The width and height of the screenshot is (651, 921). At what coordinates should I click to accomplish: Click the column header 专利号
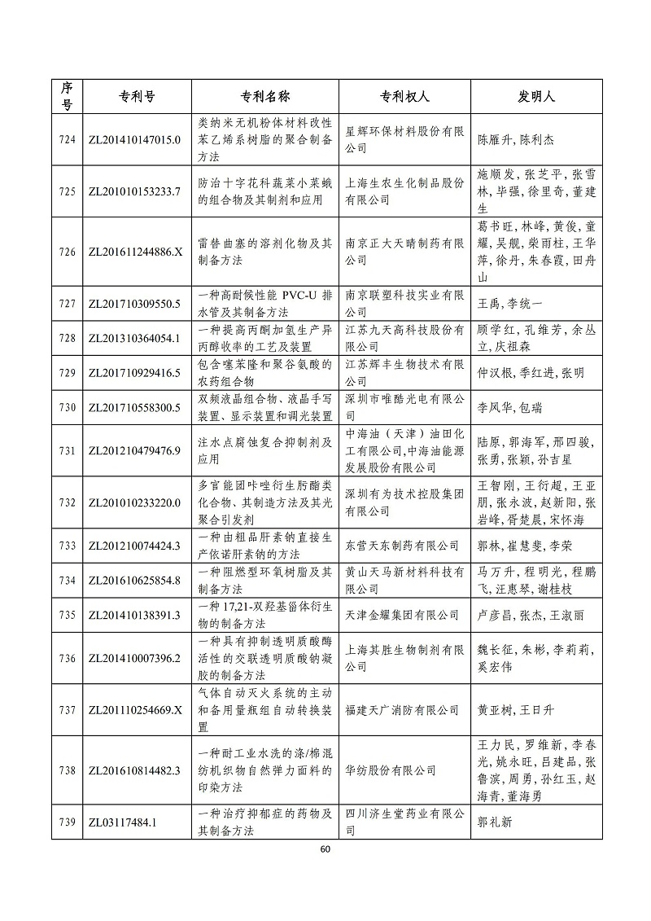[x=132, y=96]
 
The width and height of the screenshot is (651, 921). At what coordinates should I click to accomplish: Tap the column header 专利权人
[x=404, y=96]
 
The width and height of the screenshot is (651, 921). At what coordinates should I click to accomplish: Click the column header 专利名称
[x=265, y=96]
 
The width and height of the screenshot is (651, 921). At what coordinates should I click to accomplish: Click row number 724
[x=68, y=139]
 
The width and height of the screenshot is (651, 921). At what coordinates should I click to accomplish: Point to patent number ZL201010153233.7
[x=133, y=191]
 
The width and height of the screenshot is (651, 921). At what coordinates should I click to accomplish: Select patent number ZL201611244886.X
[x=133, y=252]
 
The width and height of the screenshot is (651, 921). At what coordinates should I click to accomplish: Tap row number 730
[x=68, y=407]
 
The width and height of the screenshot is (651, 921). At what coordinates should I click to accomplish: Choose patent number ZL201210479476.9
[x=133, y=450]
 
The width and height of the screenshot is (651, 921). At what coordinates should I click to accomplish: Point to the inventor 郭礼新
[x=496, y=822]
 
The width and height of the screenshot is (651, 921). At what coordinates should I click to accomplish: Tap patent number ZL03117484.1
[x=122, y=822]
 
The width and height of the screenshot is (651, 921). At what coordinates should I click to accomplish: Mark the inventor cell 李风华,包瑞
[x=508, y=407]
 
